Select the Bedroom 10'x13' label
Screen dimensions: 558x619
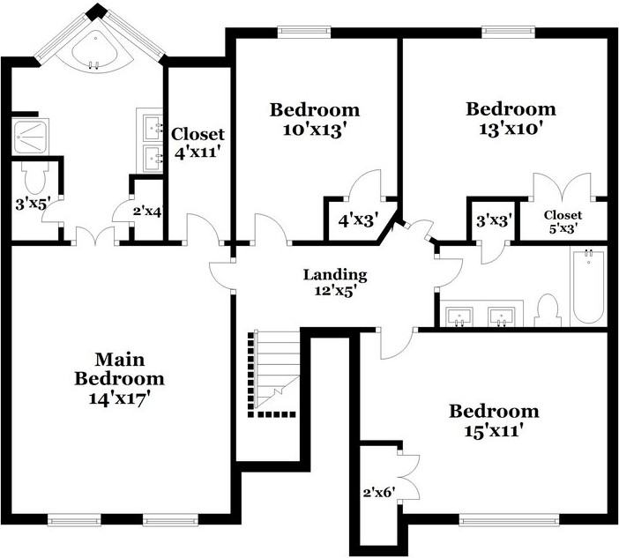pyautogui.click(x=315, y=120)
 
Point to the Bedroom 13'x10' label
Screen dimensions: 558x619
pyautogui.click(x=511, y=119)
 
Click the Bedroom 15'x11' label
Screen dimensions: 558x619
pyautogui.click(x=494, y=420)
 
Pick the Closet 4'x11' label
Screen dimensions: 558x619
pyautogui.click(x=198, y=143)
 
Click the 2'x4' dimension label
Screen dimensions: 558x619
pyautogui.click(x=147, y=212)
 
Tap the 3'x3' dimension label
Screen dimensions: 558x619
pyautogui.click(x=493, y=220)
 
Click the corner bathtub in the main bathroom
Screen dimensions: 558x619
pyautogui.click(x=96, y=48)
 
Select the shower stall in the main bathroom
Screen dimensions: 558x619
pyautogui.click(x=31, y=136)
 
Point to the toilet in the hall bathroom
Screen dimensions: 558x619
pyautogui.click(x=548, y=310)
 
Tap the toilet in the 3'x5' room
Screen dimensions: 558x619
pyautogui.click(x=35, y=178)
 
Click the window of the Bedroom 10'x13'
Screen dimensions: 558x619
pyautogui.click(x=299, y=33)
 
